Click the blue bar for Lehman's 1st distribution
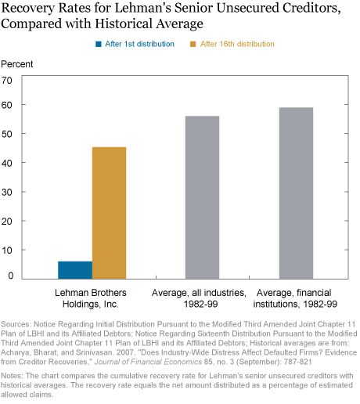(x=75, y=270)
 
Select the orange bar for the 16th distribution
(x=109, y=213)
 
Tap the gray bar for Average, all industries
(x=202, y=197)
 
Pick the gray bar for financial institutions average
(x=296, y=193)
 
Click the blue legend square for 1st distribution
(x=99, y=44)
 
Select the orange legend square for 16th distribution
(x=193, y=44)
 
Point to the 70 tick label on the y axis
(x=7, y=81)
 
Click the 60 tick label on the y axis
(x=7, y=105)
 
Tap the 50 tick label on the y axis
(x=7, y=134)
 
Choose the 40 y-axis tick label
(x=7, y=163)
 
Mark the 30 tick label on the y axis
(x=7, y=193)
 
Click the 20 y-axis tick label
(x=7, y=222)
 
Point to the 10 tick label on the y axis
(x=7, y=251)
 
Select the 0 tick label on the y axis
(x=10, y=276)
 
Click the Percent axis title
(x=17, y=64)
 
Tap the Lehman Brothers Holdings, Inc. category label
(x=91, y=298)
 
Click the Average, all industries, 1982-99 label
(x=199, y=298)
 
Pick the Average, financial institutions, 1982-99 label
(x=295, y=298)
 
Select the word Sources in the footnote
(x=16, y=324)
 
